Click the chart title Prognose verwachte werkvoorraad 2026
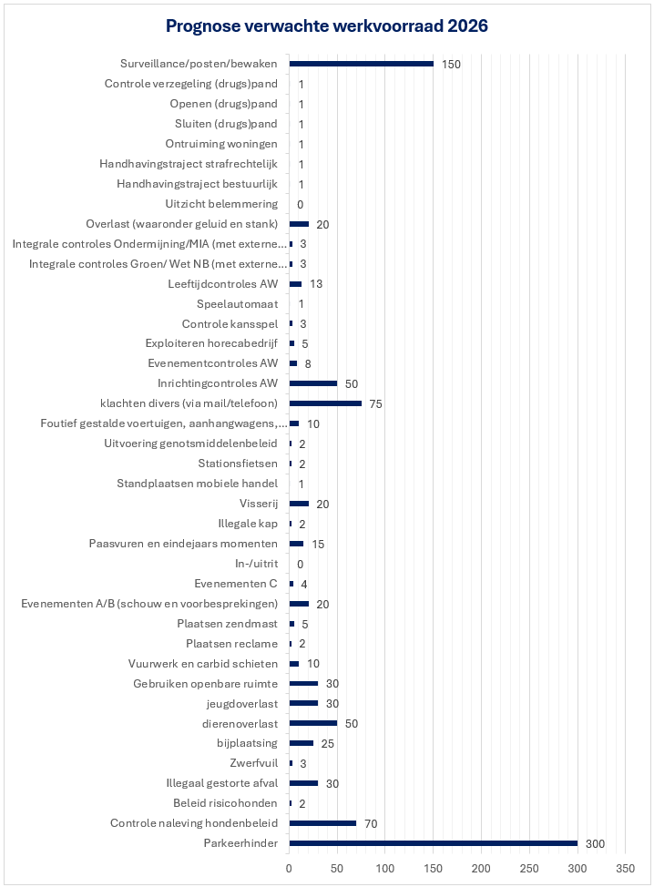click(x=327, y=26)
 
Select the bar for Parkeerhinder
click(x=434, y=843)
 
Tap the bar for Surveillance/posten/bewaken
click(x=362, y=64)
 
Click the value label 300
click(x=596, y=843)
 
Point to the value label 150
click(x=452, y=64)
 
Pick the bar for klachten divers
click(x=325, y=403)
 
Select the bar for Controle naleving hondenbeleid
click(x=322, y=823)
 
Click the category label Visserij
click(x=258, y=504)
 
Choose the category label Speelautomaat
click(x=237, y=304)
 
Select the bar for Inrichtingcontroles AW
click(x=313, y=383)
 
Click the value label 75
click(x=375, y=403)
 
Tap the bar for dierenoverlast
click(x=313, y=723)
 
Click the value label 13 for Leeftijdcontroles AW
click(x=317, y=284)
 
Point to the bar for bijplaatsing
click(x=301, y=743)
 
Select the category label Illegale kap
click(x=248, y=524)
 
